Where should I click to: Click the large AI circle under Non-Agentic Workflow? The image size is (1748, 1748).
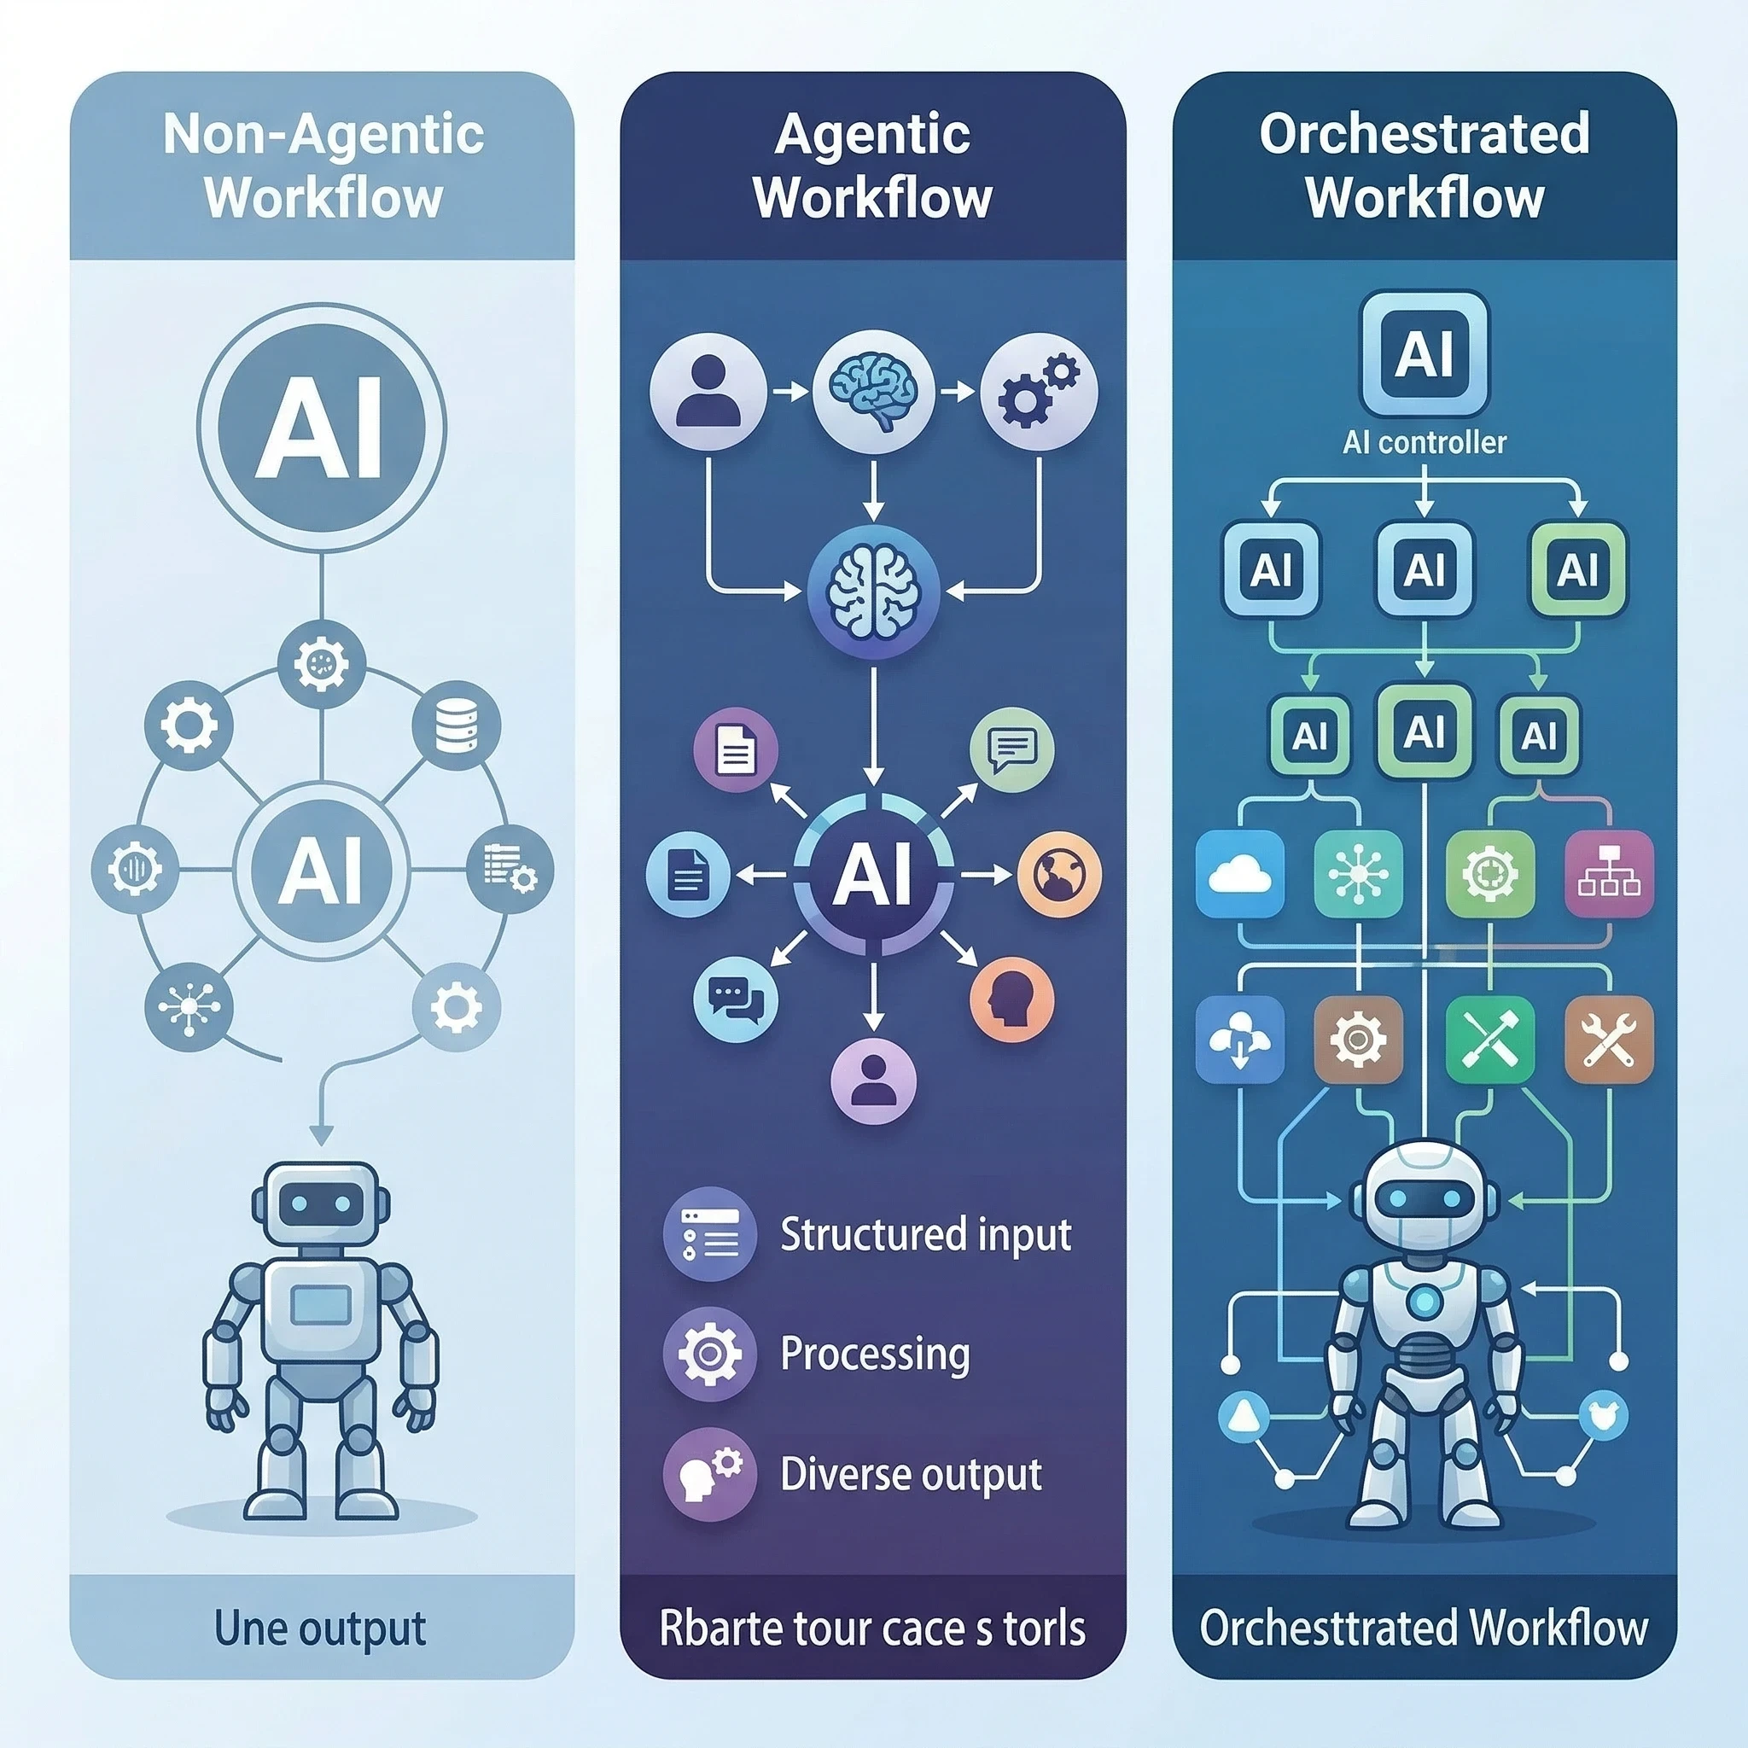[321, 426]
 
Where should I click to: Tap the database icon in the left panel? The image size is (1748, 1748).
[456, 725]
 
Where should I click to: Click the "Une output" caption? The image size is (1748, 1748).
[320, 1628]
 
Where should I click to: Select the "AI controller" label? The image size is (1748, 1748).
[1425, 442]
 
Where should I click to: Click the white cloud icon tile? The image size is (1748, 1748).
[1239, 874]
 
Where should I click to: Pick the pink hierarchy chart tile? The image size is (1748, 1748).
[1609, 874]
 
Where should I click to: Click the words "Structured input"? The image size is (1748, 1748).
[925, 1235]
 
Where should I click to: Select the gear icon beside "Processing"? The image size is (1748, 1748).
[709, 1354]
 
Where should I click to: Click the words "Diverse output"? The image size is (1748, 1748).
[910, 1474]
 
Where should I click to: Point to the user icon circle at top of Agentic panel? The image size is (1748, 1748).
[708, 391]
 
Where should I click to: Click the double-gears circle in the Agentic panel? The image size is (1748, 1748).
[1039, 391]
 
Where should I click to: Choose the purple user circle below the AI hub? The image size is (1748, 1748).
[873, 1081]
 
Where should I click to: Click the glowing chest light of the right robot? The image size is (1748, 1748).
[1425, 1302]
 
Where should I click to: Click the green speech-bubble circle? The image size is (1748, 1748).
[1011, 750]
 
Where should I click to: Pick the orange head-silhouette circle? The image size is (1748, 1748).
[1011, 999]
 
